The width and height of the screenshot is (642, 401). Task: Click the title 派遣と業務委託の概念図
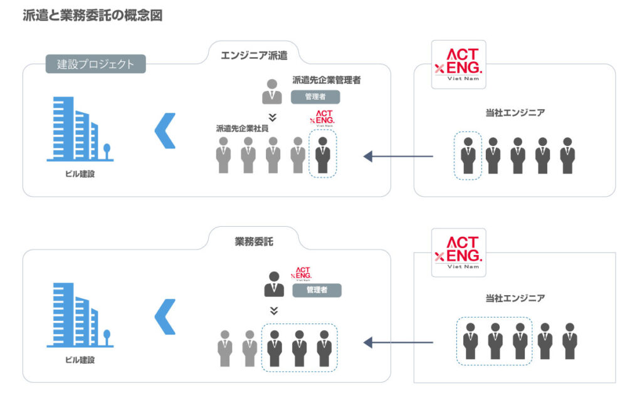coord(92,16)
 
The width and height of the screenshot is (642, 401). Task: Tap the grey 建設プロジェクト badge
coord(95,63)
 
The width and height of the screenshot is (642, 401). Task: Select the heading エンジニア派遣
coord(254,55)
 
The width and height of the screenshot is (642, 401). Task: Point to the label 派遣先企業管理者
coord(326,80)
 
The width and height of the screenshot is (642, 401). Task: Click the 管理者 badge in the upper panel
coord(315,96)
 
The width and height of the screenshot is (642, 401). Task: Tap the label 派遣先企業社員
coord(243,128)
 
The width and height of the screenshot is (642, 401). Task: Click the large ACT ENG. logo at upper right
coord(458,64)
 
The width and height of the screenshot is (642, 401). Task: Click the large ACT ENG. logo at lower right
coord(458,250)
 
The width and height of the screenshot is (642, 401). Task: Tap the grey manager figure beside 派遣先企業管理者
coord(271,91)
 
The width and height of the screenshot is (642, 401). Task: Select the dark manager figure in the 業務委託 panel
coord(273,285)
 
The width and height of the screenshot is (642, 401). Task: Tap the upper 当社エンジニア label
coord(515,113)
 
